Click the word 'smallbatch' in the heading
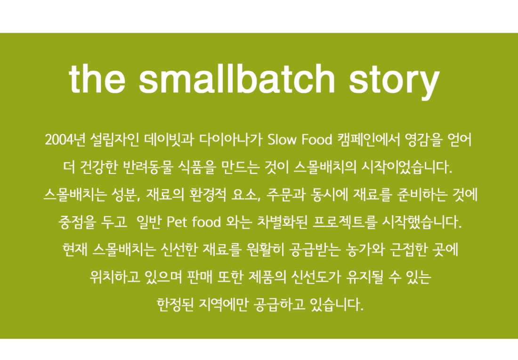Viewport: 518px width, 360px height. (x=237, y=79)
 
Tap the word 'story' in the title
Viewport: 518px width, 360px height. (x=394, y=81)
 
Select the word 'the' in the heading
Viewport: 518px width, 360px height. (x=97, y=79)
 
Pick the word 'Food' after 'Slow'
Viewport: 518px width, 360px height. (x=317, y=140)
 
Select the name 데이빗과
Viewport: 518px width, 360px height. (x=169, y=140)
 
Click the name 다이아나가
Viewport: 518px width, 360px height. (x=231, y=140)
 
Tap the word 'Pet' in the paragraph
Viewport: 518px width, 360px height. (x=177, y=222)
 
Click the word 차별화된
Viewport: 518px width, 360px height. (x=282, y=222)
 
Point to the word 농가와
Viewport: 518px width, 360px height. (x=365, y=250)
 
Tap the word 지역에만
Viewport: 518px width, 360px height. (x=223, y=304)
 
